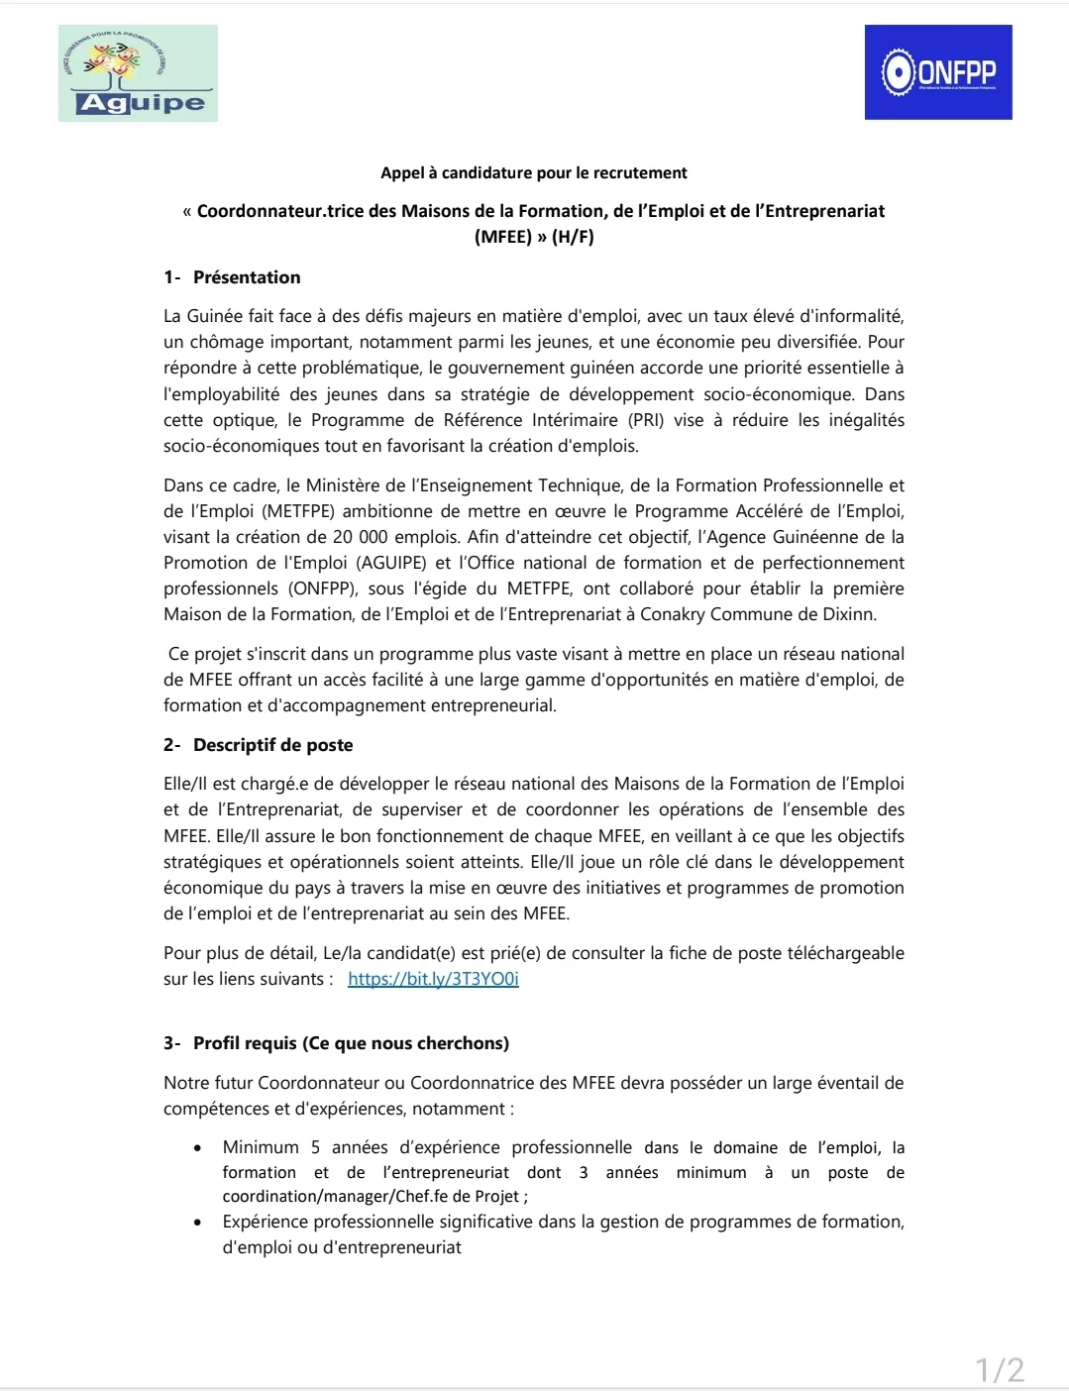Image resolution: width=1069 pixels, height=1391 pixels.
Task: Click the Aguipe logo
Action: point(138,73)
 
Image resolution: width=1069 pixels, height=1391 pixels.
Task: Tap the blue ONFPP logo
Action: point(938,72)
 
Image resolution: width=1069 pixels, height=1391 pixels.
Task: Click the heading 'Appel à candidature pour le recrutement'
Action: point(533,172)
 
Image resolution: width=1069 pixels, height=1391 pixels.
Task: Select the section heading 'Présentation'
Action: point(247,277)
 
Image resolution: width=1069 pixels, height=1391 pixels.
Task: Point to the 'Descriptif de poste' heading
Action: point(272,745)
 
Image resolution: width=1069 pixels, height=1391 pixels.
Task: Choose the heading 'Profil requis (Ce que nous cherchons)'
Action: point(351,1043)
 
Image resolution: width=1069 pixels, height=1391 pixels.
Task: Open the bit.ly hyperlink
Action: point(433,979)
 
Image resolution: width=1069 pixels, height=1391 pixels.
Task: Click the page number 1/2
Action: point(1000,1370)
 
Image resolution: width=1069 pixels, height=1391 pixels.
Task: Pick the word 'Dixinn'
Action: point(849,614)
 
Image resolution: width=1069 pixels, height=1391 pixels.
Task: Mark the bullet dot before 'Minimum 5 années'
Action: point(199,1148)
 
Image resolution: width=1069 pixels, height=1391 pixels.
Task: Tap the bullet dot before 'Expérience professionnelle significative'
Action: point(199,1223)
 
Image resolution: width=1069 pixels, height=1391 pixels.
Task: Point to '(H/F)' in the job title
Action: point(573,237)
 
